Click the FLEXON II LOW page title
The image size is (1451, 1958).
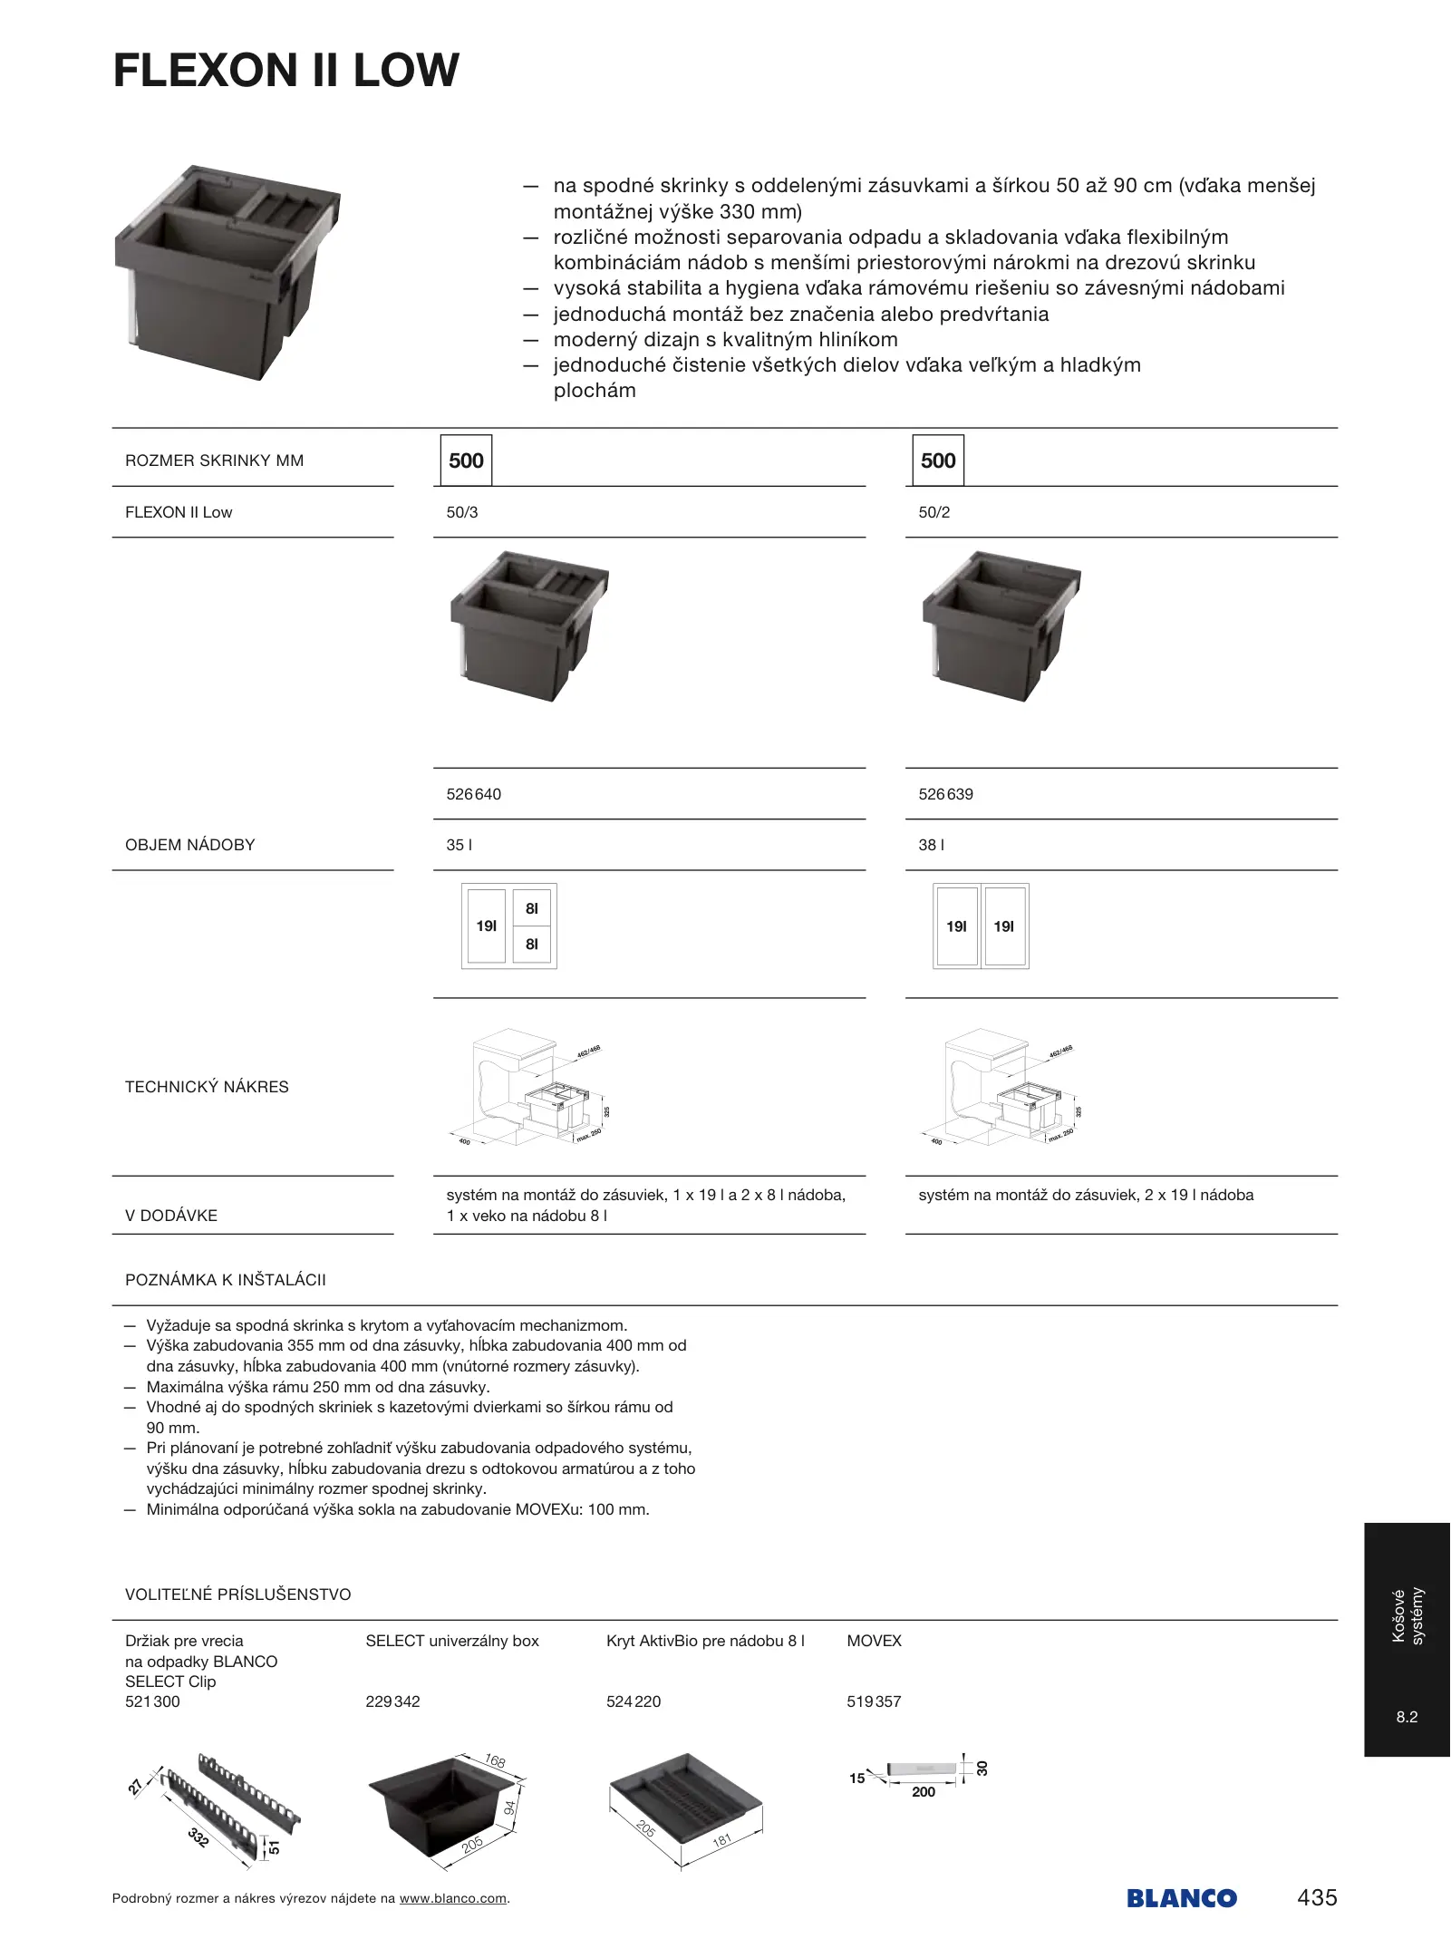(285, 71)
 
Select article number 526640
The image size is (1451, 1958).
(473, 794)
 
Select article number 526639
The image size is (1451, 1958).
(945, 794)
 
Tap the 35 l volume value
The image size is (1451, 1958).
(459, 845)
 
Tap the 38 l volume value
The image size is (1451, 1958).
(931, 845)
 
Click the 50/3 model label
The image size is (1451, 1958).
(462, 512)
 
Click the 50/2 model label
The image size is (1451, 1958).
(934, 512)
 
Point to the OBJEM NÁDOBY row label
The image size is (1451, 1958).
(190, 845)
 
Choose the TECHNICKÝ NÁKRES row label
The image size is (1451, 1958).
(207, 1087)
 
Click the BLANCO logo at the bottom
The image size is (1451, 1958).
(1182, 1898)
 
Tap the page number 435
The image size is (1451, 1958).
(1317, 1897)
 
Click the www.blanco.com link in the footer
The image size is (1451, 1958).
(453, 1898)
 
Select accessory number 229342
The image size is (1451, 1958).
(392, 1701)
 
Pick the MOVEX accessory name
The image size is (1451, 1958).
(874, 1641)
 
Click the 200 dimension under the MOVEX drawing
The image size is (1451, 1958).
(924, 1792)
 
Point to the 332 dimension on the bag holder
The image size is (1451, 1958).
(198, 1837)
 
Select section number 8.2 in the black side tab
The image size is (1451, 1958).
(1407, 1717)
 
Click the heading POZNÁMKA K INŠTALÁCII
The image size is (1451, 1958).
(226, 1280)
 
